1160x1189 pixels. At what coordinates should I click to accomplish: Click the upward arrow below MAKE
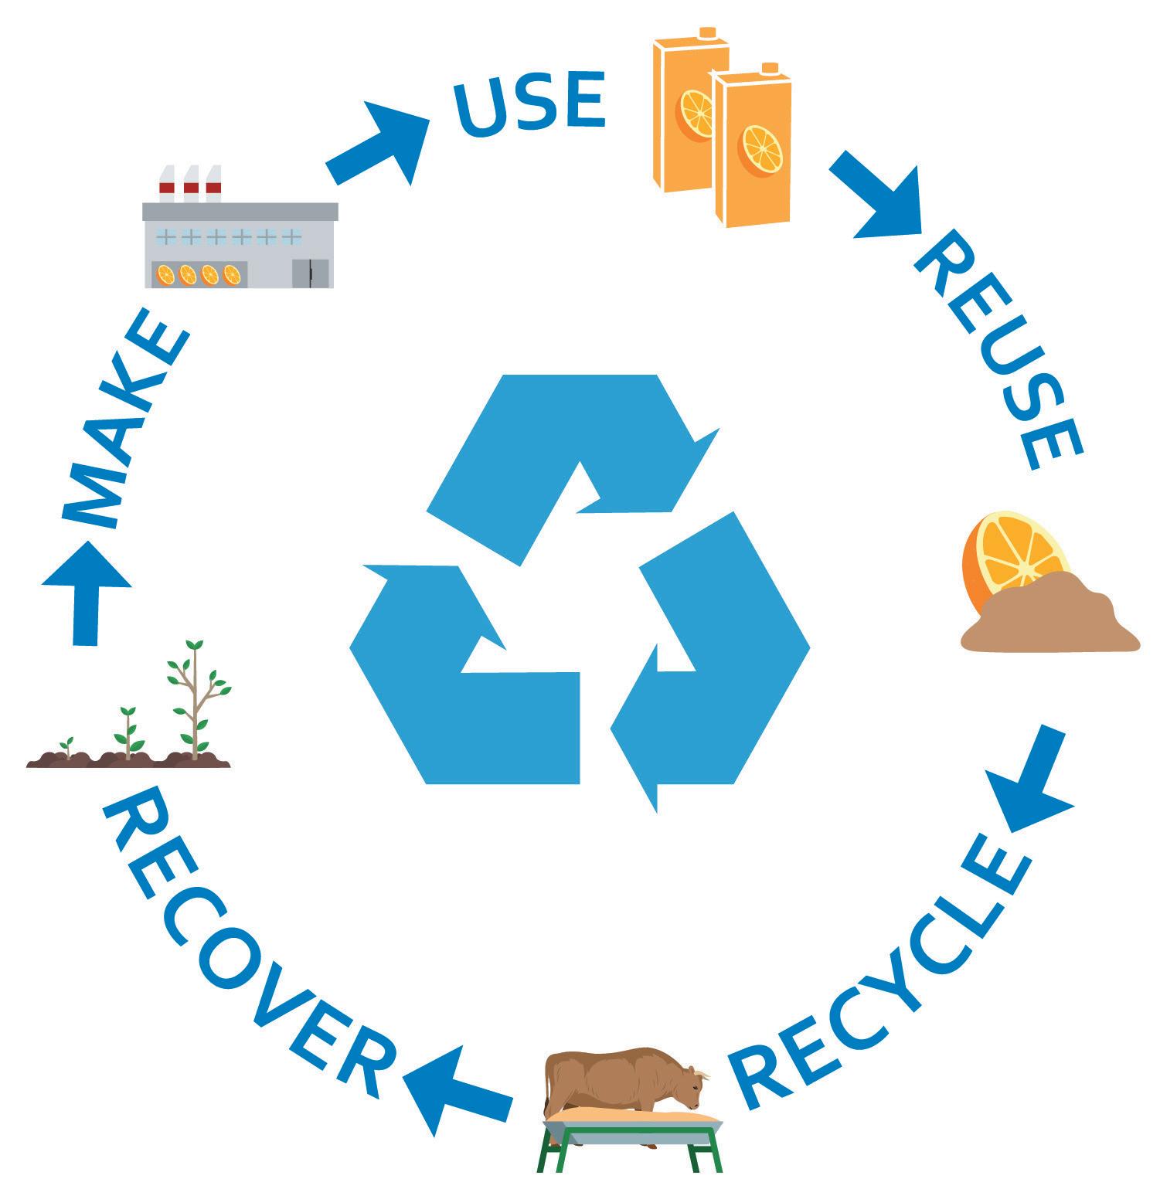pos(87,591)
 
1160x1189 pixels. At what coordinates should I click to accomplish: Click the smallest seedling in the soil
pos(68,746)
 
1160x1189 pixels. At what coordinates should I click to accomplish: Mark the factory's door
pos(310,273)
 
